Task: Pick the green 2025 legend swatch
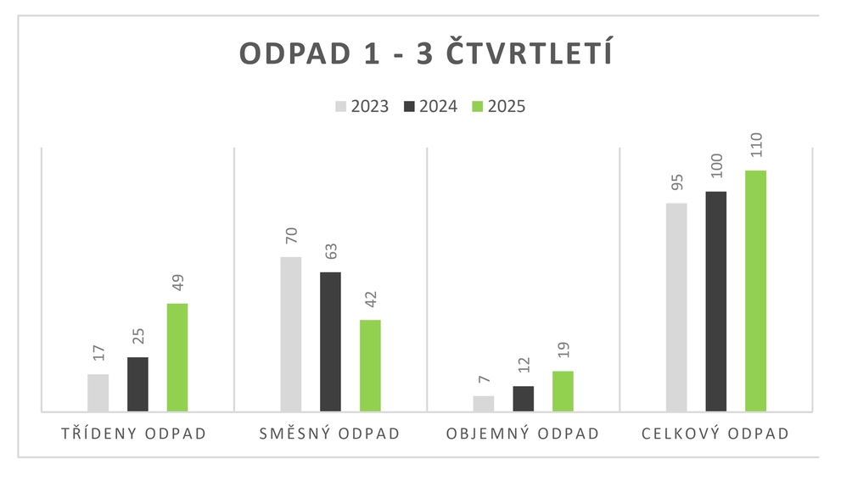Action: tap(477, 106)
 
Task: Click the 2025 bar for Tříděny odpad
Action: tap(177, 357)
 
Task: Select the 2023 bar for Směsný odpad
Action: tap(290, 334)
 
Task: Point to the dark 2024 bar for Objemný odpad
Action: tap(524, 399)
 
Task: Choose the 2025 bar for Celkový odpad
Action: tap(755, 291)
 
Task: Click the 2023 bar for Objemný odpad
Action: tap(484, 404)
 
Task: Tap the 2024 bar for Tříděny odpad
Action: tap(137, 384)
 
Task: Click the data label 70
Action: tap(290, 239)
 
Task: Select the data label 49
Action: tap(177, 284)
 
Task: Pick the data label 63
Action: tap(330, 253)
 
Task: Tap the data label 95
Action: tap(676, 182)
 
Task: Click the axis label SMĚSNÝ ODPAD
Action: tap(329, 434)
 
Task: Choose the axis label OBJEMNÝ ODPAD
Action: tap(523, 434)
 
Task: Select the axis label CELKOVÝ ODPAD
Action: tap(715, 434)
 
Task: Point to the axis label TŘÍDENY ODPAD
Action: tap(134, 434)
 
